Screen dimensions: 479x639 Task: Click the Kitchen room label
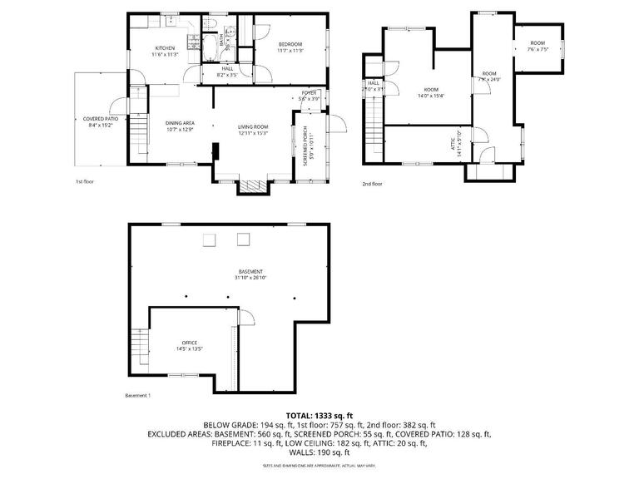tap(165, 51)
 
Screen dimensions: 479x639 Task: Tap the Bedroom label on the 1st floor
tap(290, 47)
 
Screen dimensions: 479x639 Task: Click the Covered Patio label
tap(100, 122)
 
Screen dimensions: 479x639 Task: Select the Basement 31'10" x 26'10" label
tap(250, 275)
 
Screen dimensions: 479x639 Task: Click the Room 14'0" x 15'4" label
tap(431, 92)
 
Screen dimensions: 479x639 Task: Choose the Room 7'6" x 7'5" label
tap(537, 46)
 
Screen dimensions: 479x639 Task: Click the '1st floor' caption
tap(85, 180)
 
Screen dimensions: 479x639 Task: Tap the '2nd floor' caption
tap(372, 184)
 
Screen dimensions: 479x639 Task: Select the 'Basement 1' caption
tap(137, 395)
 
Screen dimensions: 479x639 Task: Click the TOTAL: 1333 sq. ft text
tap(319, 415)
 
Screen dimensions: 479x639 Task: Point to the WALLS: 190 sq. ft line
tap(319, 452)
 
